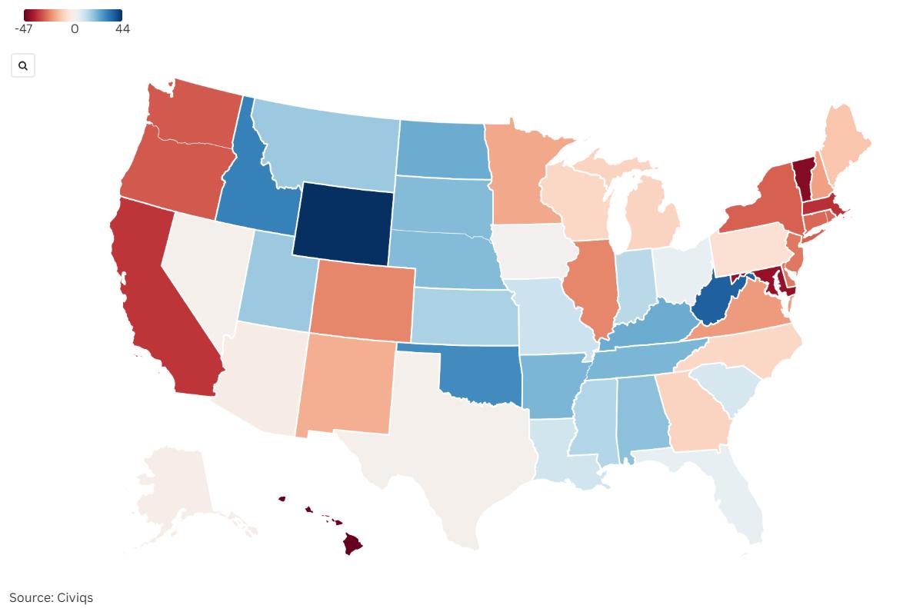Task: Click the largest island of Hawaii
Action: (352, 544)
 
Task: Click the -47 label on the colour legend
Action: (23, 29)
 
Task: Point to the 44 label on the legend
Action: (122, 29)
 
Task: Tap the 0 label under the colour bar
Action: (75, 29)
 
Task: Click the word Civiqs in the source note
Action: (75, 597)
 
